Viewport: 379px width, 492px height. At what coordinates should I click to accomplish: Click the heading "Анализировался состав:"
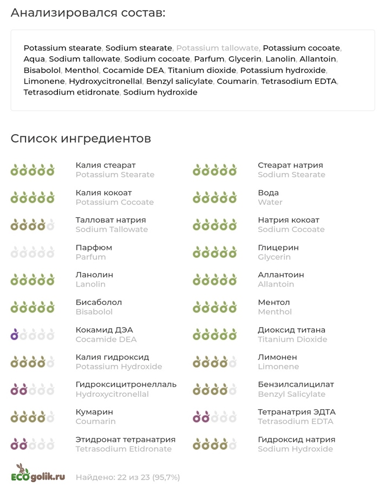pyautogui.click(x=88, y=12)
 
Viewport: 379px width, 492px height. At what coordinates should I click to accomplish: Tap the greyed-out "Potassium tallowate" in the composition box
pyautogui.click(x=218, y=48)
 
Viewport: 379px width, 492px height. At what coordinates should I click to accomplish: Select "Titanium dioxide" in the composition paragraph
pyautogui.click(x=202, y=70)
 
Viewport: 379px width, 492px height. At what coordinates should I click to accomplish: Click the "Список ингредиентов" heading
pyautogui.click(x=81, y=138)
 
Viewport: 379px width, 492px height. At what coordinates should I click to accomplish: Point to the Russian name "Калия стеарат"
pyautogui.click(x=106, y=165)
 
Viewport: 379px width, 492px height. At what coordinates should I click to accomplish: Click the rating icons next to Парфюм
pyautogui.click(x=32, y=252)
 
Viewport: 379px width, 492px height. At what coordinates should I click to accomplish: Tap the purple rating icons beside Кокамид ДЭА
pyautogui.click(x=32, y=335)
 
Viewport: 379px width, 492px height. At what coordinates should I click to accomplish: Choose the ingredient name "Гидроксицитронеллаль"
pyautogui.click(x=126, y=384)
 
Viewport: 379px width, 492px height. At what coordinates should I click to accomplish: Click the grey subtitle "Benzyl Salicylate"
pyautogui.click(x=291, y=394)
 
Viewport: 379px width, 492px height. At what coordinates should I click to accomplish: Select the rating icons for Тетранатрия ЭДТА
pyautogui.click(x=215, y=417)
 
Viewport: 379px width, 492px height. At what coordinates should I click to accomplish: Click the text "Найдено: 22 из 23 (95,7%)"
pyautogui.click(x=128, y=477)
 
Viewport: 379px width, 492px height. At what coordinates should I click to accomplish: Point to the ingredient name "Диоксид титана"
pyautogui.click(x=291, y=330)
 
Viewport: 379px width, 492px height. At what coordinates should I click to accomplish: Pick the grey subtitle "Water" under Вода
pyautogui.click(x=270, y=202)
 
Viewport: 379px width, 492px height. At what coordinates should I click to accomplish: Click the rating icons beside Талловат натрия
pyautogui.click(x=32, y=224)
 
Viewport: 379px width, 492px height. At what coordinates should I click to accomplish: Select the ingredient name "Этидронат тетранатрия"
pyautogui.click(x=125, y=440)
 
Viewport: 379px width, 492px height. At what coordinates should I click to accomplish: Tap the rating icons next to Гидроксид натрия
pyautogui.click(x=215, y=444)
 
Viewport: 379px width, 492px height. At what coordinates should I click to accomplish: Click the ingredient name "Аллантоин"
pyautogui.click(x=280, y=275)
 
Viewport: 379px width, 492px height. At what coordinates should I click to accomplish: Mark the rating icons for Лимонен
pyautogui.click(x=215, y=362)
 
